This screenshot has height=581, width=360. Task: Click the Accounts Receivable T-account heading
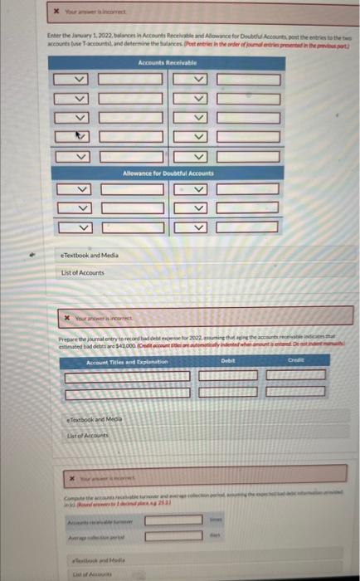click(167, 63)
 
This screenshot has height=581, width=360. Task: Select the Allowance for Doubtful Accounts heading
click(167, 173)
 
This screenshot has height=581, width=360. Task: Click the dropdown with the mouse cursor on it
click(81, 136)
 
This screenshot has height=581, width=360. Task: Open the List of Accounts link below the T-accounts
click(82, 272)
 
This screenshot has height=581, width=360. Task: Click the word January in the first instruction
click(79, 38)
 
